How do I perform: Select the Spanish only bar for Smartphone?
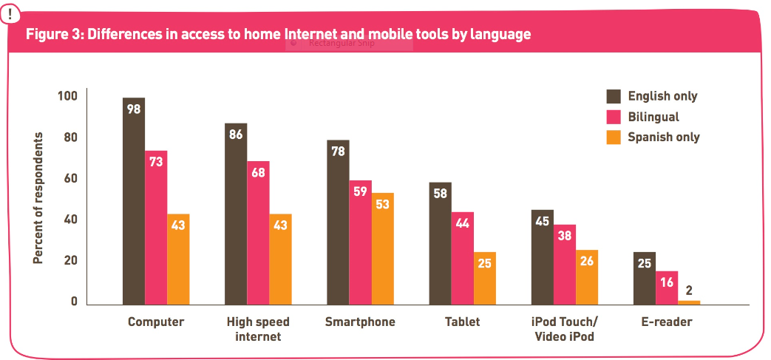pos(383,248)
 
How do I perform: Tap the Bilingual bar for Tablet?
pos(463,258)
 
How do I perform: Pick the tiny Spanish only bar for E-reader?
pos(689,302)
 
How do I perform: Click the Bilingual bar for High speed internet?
pos(258,233)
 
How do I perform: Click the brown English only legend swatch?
pos(613,96)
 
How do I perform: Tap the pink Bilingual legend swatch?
pos(613,117)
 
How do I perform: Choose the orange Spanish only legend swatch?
pos(613,137)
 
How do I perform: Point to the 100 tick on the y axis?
pos(68,96)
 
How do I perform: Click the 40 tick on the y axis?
pos(72,220)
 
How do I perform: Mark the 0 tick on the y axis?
pos(74,302)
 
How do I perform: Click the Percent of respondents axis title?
pos(38,198)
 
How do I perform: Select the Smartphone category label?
pos(360,322)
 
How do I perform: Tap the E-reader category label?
pos(667,322)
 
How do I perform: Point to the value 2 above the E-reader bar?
pos(689,290)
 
